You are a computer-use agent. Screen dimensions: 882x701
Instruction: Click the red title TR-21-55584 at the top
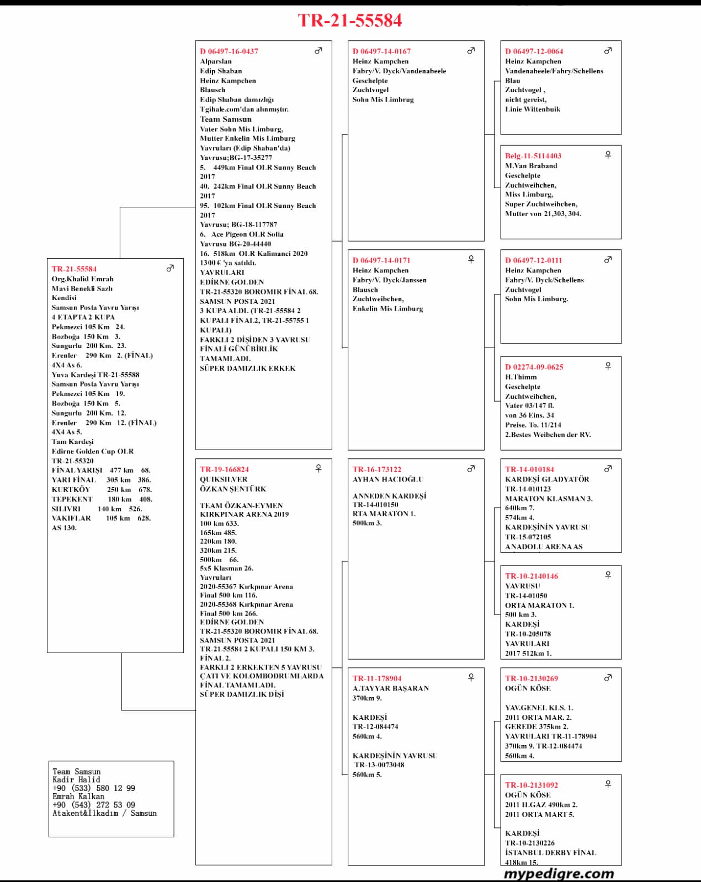point(350,20)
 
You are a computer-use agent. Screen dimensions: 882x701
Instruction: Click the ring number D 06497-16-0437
point(229,51)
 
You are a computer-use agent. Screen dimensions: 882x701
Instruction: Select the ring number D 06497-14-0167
point(381,51)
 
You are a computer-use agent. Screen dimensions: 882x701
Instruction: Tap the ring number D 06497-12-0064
point(534,51)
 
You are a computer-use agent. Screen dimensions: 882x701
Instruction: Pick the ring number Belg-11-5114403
point(533,156)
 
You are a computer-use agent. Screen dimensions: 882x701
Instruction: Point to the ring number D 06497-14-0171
point(381,260)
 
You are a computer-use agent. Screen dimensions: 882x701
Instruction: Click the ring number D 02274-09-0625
point(534,367)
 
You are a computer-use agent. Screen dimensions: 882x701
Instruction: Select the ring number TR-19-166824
point(224,470)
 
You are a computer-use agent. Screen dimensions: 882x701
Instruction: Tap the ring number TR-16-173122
point(377,470)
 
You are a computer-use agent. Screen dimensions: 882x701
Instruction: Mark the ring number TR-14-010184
point(529,470)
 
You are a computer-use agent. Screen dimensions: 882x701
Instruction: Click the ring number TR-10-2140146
point(532,576)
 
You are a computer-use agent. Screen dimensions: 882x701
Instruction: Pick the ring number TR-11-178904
point(377,679)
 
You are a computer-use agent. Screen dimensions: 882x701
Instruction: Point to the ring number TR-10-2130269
point(532,679)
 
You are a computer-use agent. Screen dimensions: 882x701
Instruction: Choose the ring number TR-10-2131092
point(532,785)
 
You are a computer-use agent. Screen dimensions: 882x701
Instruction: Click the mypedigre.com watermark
point(559,874)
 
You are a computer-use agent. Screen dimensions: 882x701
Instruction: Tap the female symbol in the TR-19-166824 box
point(318,469)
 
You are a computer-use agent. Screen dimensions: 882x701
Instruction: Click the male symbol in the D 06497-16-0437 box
point(318,51)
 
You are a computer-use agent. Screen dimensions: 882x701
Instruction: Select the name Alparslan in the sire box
point(216,61)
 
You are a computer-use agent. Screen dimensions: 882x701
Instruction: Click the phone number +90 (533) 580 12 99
point(94,788)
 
